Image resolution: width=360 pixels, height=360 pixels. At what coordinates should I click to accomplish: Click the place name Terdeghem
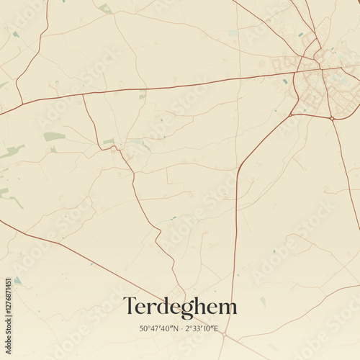[179, 307]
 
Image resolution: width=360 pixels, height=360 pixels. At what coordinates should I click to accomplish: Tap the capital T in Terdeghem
[130, 306]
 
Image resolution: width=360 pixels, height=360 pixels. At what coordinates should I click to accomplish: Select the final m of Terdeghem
[228, 307]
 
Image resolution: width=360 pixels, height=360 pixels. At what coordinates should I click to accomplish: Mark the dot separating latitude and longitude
[181, 328]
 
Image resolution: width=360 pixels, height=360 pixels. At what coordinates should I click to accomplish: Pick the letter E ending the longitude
[217, 328]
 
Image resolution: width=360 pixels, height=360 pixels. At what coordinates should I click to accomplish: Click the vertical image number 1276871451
[8, 314]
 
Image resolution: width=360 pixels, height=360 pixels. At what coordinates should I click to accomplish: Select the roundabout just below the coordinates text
[224, 335]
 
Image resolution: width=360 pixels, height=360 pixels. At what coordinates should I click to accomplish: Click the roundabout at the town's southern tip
[330, 117]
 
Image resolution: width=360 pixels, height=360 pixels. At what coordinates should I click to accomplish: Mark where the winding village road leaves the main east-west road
[83, 96]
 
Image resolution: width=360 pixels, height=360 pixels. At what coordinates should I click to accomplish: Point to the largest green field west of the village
[54, 136]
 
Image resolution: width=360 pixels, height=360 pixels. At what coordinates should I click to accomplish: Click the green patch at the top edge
[105, 9]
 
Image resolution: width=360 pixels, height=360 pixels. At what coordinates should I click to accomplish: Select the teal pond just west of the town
[285, 81]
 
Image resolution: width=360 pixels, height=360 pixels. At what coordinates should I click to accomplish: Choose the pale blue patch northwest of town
[233, 32]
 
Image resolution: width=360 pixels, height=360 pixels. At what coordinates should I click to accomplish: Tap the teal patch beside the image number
[17, 281]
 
